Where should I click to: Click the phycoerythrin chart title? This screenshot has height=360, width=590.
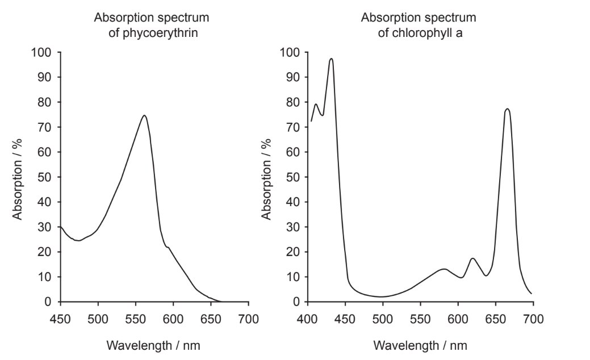click(152, 24)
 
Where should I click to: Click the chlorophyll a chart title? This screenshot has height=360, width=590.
click(419, 24)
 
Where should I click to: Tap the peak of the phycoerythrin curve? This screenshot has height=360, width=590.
click(144, 116)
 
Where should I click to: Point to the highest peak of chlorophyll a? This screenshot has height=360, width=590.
click(331, 58)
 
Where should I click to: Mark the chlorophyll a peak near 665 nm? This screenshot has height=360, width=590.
click(507, 109)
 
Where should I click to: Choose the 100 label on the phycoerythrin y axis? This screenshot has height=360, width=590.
click(44, 52)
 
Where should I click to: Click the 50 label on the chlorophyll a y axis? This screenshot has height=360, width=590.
click(293, 177)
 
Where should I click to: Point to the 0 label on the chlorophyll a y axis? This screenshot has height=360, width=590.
click(296, 302)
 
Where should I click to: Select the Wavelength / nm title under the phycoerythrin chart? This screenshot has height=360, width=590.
click(154, 345)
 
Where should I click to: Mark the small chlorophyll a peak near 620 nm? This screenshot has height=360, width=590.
click(472, 258)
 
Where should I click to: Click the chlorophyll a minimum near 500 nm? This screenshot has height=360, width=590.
click(382, 296)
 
